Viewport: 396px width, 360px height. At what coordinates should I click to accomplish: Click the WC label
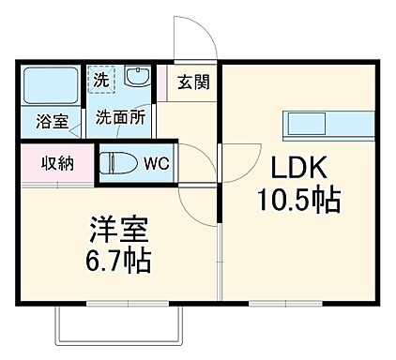(155, 162)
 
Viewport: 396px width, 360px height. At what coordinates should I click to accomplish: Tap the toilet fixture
(118, 162)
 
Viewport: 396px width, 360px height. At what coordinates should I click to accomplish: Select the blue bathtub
(51, 86)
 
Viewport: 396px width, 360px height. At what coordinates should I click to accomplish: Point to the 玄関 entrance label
(195, 81)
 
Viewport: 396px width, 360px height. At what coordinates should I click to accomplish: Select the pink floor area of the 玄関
(169, 82)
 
